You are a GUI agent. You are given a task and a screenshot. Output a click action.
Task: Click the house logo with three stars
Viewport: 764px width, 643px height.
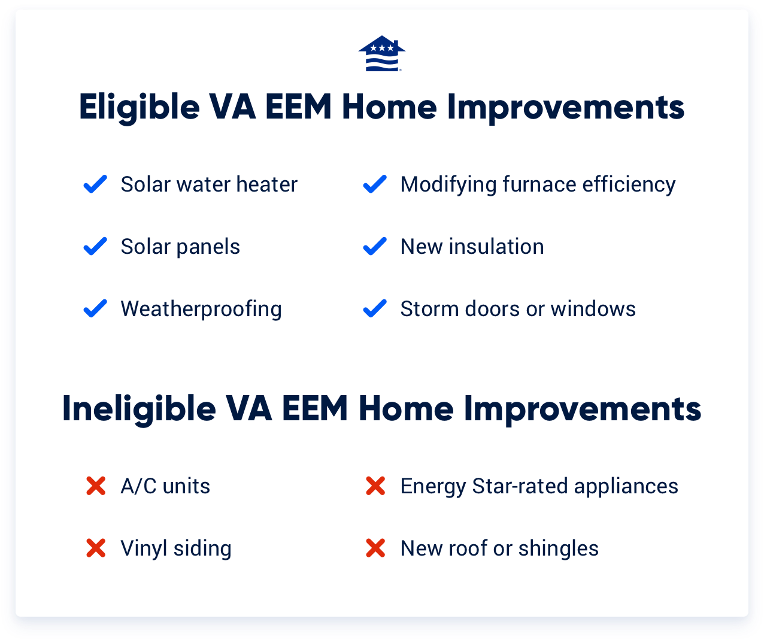[x=382, y=54]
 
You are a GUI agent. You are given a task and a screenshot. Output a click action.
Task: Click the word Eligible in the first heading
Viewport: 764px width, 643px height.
[x=139, y=108]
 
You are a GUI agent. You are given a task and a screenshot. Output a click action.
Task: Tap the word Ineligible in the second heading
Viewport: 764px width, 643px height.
[x=139, y=410]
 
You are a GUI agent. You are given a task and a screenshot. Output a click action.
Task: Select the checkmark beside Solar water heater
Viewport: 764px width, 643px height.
[x=95, y=184]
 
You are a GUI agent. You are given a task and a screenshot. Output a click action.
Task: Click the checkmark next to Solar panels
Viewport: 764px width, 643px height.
[x=95, y=247]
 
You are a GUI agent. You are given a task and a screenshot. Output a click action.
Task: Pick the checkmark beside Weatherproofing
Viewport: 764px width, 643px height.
[x=95, y=309]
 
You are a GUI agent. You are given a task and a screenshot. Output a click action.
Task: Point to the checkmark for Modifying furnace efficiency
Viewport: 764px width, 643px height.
[x=375, y=184]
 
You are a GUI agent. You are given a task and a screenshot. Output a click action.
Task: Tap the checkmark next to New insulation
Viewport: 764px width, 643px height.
[x=375, y=247]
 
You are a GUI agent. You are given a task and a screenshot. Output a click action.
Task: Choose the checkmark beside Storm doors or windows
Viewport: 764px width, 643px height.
[x=375, y=309]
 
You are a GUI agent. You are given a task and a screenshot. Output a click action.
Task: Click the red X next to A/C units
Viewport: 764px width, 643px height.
[x=96, y=486]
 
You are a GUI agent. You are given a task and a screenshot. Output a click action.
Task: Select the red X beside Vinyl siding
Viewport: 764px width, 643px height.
[x=96, y=548]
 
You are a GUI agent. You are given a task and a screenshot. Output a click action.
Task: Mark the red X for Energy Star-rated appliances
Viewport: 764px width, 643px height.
[x=375, y=486]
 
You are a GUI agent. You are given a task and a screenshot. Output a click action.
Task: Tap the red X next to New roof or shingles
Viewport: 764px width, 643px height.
[x=375, y=548]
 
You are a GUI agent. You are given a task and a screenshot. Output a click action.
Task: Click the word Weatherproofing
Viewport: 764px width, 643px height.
[x=201, y=310]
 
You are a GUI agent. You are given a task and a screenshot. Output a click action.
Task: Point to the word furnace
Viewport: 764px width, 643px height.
[x=539, y=185]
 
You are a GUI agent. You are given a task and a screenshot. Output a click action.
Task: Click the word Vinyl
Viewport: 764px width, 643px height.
[x=144, y=549]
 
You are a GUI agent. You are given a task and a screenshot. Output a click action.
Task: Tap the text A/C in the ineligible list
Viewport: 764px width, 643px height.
[x=138, y=486]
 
